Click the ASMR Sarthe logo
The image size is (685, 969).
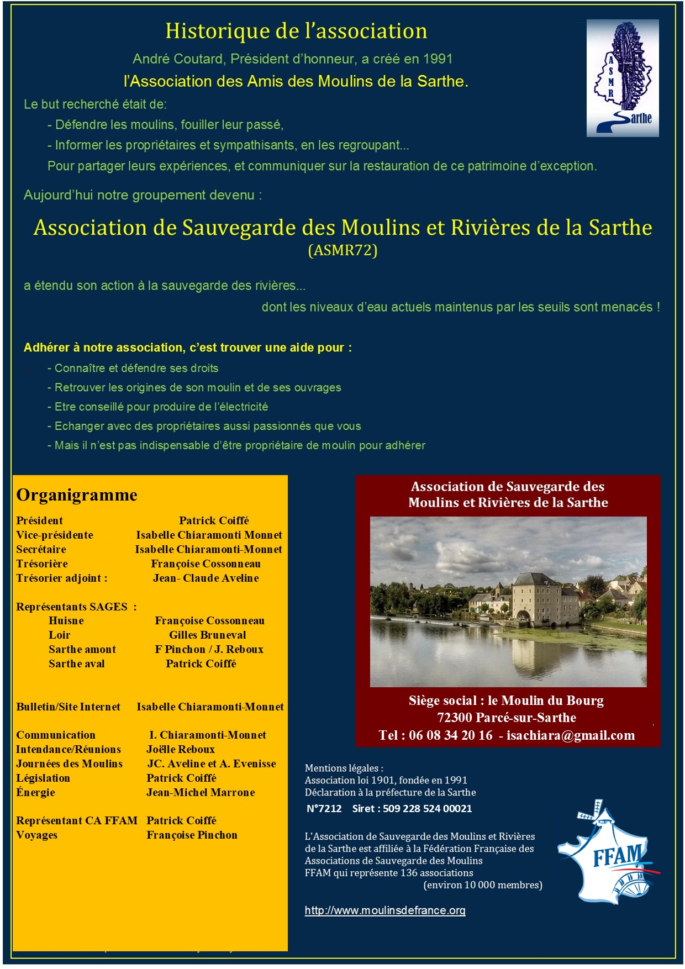pyautogui.click(x=622, y=78)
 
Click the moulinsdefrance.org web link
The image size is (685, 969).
pyautogui.click(x=385, y=910)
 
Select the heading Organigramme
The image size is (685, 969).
pyautogui.click(x=77, y=495)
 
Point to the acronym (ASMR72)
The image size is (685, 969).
pyautogui.click(x=342, y=250)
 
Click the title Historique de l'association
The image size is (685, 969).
pyautogui.click(x=296, y=31)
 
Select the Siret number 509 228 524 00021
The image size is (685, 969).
pyautogui.click(x=427, y=809)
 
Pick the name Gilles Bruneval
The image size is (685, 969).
pyautogui.click(x=208, y=635)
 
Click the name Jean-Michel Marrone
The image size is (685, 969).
pyautogui.click(x=201, y=793)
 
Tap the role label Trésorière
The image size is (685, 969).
pyautogui.click(x=42, y=564)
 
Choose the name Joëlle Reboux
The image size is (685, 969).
pyautogui.click(x=181, y=750)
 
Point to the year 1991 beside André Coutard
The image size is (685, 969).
pyautogui.click(x=438, y=59)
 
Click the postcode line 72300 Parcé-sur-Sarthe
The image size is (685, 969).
pyautogui.click(x=507, y=718)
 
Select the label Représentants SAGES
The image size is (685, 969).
pyautogui.click(x=72, y=607)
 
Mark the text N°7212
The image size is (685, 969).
pyautogui.click(x=324, y=809)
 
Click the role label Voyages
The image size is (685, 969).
pyautogui.click(x=37, y=835)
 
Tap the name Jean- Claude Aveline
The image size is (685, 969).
pyautogui.click(x=206, y=578)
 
